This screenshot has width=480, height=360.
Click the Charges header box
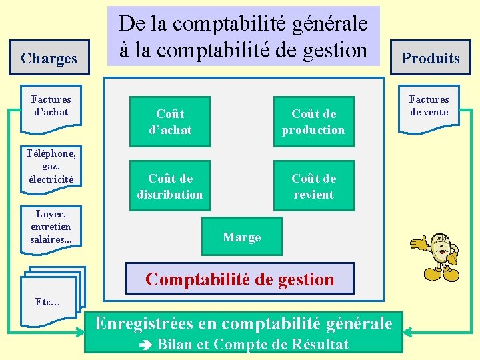(49, 58)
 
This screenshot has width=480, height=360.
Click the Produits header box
(431, 58)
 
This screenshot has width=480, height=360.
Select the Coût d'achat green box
(170, 121)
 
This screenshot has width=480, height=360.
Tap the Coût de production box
(313, 121)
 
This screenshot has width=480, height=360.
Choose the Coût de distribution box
(170, 186)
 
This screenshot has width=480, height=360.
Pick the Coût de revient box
(313, 186)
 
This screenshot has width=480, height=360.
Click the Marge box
(242, 237)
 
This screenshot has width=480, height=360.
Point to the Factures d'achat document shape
(51, 106)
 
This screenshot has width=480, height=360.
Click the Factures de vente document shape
(429, 106)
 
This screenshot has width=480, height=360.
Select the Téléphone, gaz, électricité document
(51, 166)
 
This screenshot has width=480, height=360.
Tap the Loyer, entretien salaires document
(51, 227)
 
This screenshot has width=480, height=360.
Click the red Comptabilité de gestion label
(240, 279)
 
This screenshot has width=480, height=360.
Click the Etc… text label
(48, 302)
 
